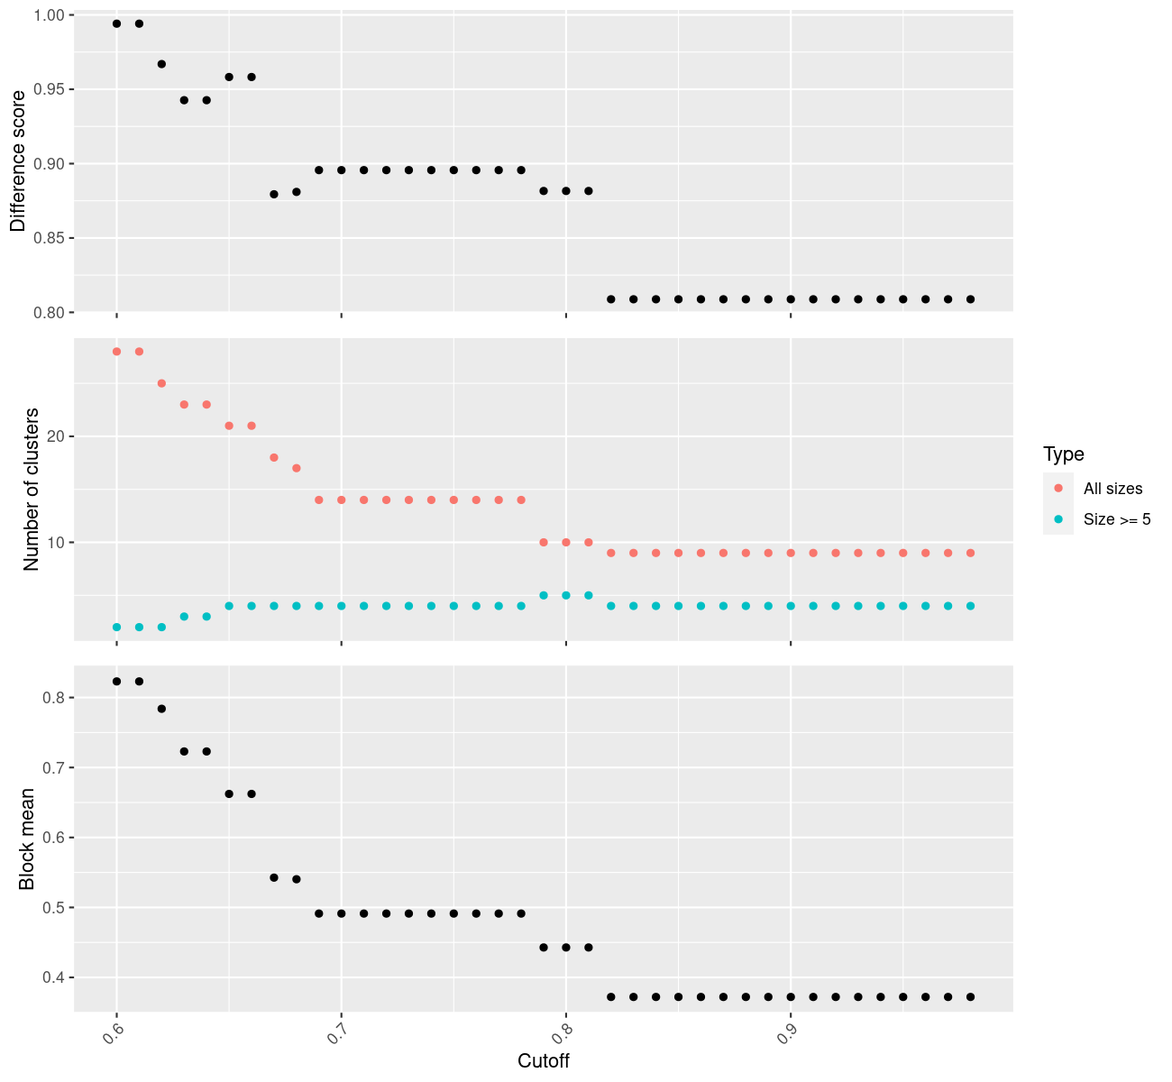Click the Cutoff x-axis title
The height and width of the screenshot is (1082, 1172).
tap(543, 1060)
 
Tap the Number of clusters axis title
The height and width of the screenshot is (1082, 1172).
tap(32, 489)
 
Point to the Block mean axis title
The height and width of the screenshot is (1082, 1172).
tap(27, 839)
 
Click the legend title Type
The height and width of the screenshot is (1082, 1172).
tap(1063, 454)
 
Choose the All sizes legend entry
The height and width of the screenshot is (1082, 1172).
tap(1112, 489)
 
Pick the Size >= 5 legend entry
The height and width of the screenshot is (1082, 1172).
tap(1117, 519)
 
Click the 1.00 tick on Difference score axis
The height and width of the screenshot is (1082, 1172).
tap(50, 15)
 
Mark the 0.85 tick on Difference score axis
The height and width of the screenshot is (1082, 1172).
tap(50, 238)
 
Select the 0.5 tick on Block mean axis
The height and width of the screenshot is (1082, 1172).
tap(54, 908)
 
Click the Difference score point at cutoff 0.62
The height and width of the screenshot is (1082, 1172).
tap(161, 64)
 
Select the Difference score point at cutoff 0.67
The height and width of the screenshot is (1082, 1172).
tap(274, 194)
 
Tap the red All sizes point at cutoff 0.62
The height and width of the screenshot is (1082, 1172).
tap(161, 383)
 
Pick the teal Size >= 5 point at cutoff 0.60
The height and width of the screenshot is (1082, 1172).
tap(116, 627)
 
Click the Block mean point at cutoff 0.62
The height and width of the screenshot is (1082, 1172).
tap(161, 709)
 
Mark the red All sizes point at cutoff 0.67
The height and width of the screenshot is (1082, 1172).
tap(274, 457)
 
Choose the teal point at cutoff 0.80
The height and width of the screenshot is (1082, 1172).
tap(566, 595)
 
